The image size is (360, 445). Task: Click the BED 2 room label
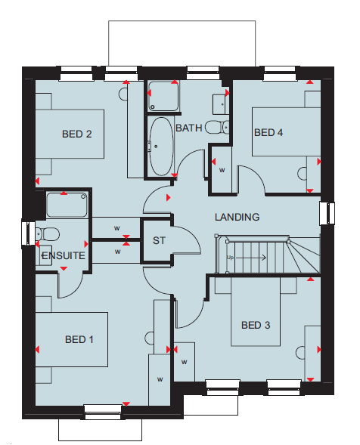76,134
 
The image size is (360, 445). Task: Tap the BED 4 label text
268,132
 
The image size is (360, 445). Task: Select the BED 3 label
256,325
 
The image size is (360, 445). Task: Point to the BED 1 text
79,339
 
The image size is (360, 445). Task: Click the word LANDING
237,217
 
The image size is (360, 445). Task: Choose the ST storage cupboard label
159,241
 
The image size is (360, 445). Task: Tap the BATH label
188,128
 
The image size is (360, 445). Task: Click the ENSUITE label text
64,255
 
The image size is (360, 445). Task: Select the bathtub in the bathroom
161,147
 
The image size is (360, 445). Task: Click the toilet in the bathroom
217,127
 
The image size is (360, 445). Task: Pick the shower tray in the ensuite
67,205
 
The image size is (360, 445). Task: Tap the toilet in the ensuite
48,234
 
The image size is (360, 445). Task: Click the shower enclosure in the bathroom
163,96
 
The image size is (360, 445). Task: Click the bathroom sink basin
221,104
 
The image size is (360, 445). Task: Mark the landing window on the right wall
327,213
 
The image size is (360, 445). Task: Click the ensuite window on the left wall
29,233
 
